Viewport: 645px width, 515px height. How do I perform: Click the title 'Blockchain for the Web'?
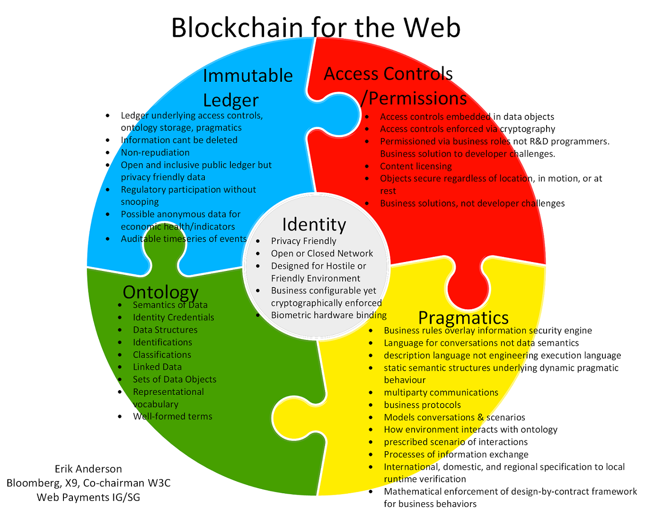click(x=316, y=27)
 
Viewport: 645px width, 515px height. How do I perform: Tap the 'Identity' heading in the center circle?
click(x=314, y=224)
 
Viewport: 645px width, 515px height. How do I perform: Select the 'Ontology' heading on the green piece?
click(x=160, y=292)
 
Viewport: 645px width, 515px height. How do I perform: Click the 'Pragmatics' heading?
click(x=463, y=317)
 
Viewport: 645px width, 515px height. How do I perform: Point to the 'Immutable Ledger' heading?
click(x=247, y=88)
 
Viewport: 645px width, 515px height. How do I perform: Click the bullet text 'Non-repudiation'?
click(x=155, y=152)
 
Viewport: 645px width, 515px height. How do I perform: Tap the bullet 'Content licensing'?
click(x=415, y=166)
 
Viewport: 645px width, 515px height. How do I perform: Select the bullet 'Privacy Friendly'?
click(x=303, y=241)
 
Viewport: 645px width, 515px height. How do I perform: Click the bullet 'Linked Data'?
click(x=157, y=367)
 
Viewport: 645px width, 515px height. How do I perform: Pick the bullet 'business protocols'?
click(x=422, y=405)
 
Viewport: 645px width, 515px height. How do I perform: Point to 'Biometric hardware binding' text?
click(x=328, y=315)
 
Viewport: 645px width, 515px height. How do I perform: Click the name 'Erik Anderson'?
click(x=88, y=469)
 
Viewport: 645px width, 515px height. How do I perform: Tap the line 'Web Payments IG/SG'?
click(x=88, y=497)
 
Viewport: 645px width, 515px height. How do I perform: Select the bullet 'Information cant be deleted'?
click(x=179, y=140)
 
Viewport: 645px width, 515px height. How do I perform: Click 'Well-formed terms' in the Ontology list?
click(x=172, y=416)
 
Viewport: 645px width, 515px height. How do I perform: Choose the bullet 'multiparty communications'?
click(x=441, y=393)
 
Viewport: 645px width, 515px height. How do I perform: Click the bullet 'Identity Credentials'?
click(x=173, y=317)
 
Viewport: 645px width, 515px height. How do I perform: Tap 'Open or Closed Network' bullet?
click(x=322, y=253)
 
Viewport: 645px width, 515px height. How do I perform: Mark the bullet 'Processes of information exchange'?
click(x=456, y=454)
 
